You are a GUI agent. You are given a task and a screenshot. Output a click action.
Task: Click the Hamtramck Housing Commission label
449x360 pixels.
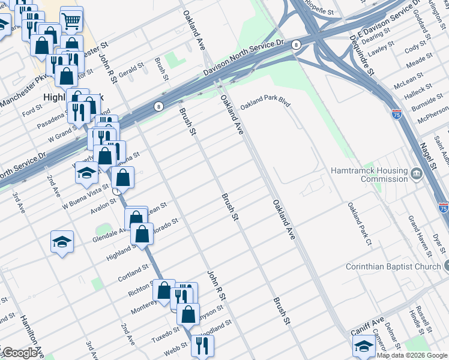pos(369,175)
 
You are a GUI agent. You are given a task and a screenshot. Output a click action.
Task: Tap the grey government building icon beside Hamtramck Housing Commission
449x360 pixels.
pos(417,175)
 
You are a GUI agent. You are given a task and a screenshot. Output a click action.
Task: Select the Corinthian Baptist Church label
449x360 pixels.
pos(393,266)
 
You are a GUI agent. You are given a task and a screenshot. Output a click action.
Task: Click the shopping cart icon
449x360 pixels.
pos(71,22)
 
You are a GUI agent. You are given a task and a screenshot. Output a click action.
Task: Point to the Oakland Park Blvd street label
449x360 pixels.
pos(265,105)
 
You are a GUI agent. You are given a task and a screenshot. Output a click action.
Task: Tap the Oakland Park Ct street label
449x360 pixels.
pos(360,223)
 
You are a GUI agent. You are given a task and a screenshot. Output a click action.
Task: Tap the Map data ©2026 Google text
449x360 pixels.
pos(412,355)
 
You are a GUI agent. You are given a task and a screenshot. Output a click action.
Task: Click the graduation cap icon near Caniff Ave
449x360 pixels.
pos(364,346)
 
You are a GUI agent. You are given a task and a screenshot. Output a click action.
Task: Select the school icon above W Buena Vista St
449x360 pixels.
pos(86,173)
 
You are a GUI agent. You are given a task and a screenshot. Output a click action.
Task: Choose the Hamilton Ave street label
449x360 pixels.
pos(31,336)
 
